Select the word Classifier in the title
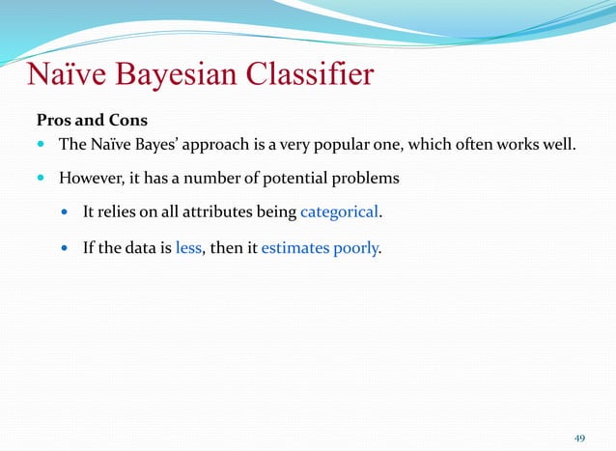[x=313, y=75]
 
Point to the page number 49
[x=579, y=438]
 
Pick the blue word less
[x=188, y=248]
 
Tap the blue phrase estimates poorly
[x=321, y=248]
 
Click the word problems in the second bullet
[x=364, y=179]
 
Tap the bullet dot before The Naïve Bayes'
[x=42, y=146]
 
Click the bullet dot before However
[x=42, y=179]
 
